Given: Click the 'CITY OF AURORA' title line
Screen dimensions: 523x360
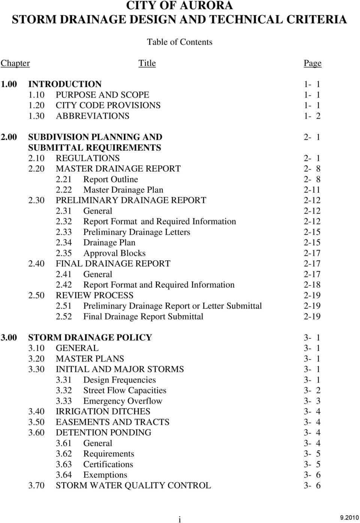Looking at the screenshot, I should point(179,6).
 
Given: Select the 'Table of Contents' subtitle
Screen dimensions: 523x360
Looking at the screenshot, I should point(179,42).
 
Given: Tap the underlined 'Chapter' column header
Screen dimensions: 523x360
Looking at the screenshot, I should point(15,63).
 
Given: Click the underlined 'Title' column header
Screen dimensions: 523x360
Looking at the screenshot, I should point(147,63).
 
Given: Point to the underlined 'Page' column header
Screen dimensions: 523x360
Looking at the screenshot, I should point(312,63).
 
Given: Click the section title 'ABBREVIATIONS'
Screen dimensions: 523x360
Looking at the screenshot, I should point(93,116).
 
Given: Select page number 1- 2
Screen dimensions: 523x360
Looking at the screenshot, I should point(312,116).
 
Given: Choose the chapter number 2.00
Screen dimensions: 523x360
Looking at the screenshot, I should point(9,137).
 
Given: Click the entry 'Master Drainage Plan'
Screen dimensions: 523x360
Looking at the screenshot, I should point(123,190).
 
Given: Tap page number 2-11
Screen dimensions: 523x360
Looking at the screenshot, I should point(312,190).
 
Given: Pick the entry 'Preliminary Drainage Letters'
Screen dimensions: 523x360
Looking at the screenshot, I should point(136,232).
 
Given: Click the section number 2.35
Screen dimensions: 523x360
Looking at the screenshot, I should point(64,253).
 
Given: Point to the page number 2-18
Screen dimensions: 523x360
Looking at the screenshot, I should point(312,285).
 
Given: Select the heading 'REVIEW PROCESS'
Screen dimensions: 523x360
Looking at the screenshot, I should point(94,295).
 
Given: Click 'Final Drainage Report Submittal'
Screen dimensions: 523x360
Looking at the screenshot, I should point(143,316).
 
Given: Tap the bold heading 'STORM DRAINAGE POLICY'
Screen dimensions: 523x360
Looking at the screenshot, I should point(90,337).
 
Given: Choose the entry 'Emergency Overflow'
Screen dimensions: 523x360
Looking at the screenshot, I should point(123,401).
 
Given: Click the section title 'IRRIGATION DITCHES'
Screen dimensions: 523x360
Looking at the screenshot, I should point(103,411).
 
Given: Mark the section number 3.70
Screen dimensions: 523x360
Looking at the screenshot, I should point(36,485).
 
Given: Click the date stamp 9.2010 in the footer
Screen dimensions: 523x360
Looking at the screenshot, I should point(349,518).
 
